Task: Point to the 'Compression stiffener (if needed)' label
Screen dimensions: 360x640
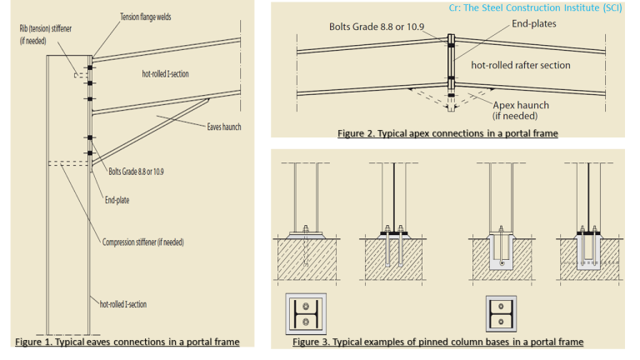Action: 142,242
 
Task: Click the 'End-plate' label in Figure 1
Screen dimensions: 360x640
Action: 117,200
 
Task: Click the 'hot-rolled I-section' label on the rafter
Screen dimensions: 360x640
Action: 165,74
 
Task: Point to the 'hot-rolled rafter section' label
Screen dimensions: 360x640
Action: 521,64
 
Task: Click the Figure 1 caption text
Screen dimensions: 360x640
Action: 127,342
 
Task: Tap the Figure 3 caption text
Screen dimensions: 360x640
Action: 437,342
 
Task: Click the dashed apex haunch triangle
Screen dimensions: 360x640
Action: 450,94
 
